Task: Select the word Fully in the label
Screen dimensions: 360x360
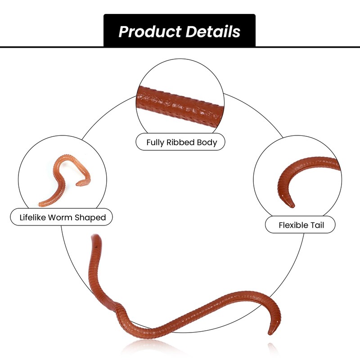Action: [x=156, y=143]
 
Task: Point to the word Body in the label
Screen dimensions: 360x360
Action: [x=207, y=143]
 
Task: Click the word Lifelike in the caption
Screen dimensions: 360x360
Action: [x=34, y=218]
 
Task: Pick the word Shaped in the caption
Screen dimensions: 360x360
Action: [x=92, y=218]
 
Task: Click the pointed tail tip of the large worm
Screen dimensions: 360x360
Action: [x=270, y=333]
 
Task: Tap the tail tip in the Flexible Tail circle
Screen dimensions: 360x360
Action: [x=292, y=205]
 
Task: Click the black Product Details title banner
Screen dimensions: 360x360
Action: [x=180, y=31]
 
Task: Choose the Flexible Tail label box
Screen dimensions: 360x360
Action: [x=300, y=225]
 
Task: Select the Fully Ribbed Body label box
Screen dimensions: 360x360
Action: [x=180, y=143]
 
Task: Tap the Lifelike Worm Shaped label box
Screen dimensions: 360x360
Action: [x=61, y=218]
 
